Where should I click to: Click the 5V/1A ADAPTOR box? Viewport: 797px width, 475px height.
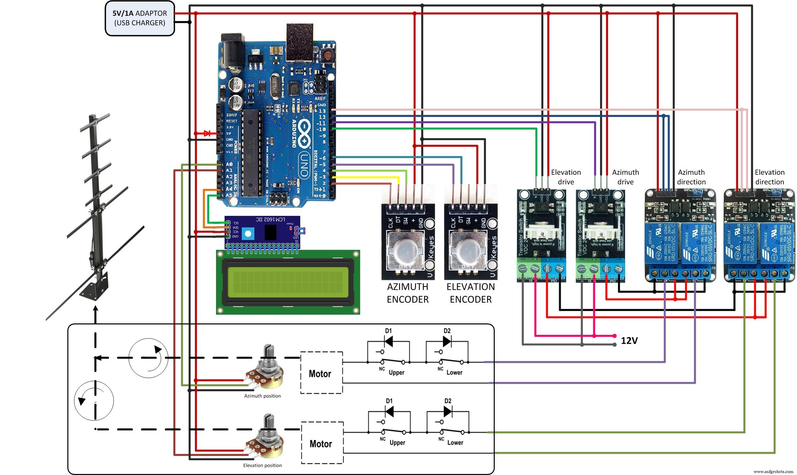(140, 18)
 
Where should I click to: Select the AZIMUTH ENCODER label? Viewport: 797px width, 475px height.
(407, 293)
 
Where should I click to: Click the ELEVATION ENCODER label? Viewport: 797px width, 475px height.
(471, 293)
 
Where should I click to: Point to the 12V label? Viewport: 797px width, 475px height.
(629, 341)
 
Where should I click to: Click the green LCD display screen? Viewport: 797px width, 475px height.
(288, 282)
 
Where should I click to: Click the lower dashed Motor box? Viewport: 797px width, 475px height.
(322, 443)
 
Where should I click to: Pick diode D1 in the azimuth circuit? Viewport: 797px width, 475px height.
(389, 341)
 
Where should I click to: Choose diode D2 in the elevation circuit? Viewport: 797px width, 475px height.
(448, 411)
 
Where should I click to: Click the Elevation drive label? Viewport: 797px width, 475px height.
(566, 177)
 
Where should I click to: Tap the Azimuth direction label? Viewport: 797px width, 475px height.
(691, 177)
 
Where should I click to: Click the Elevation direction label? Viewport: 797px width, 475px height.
(769, 177)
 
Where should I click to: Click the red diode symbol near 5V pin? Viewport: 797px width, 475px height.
(207, 133)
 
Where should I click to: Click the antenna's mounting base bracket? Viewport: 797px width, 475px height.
(95, 287)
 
